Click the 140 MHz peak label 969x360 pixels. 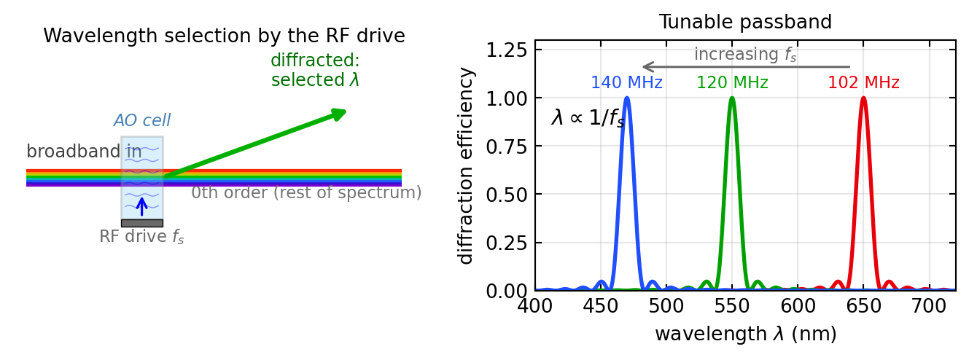(x=626, y=82)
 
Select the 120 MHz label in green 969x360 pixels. (x=732, y=82)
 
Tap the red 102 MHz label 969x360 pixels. (x=863, y=82)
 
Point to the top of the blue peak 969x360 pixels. (x=627, y=98)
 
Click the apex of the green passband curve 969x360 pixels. (x=732, y=98)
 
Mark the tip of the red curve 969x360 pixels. (x=863, y=98)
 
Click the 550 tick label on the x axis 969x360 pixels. (x=732, y=306)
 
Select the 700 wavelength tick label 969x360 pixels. (x=929, y=306)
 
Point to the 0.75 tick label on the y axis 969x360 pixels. (x=507, y=147)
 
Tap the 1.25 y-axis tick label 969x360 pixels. (x=507, y=50)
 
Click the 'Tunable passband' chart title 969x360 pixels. (x=745, y=22)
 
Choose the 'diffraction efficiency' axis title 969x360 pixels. (x=465, y=166)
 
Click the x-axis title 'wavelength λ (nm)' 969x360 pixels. (x=745, y=334)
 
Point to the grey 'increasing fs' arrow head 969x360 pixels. (x=647, y=66)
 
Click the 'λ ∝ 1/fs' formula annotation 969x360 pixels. (x=588, y=117)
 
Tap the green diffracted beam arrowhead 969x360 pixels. (x=340, y=114)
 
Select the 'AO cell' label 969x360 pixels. (x=142, y=120)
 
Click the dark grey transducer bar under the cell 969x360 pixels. (x=142, y=223)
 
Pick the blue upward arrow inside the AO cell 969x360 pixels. (x=141, y=206)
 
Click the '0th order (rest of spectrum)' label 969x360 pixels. (x=306, y=192)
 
